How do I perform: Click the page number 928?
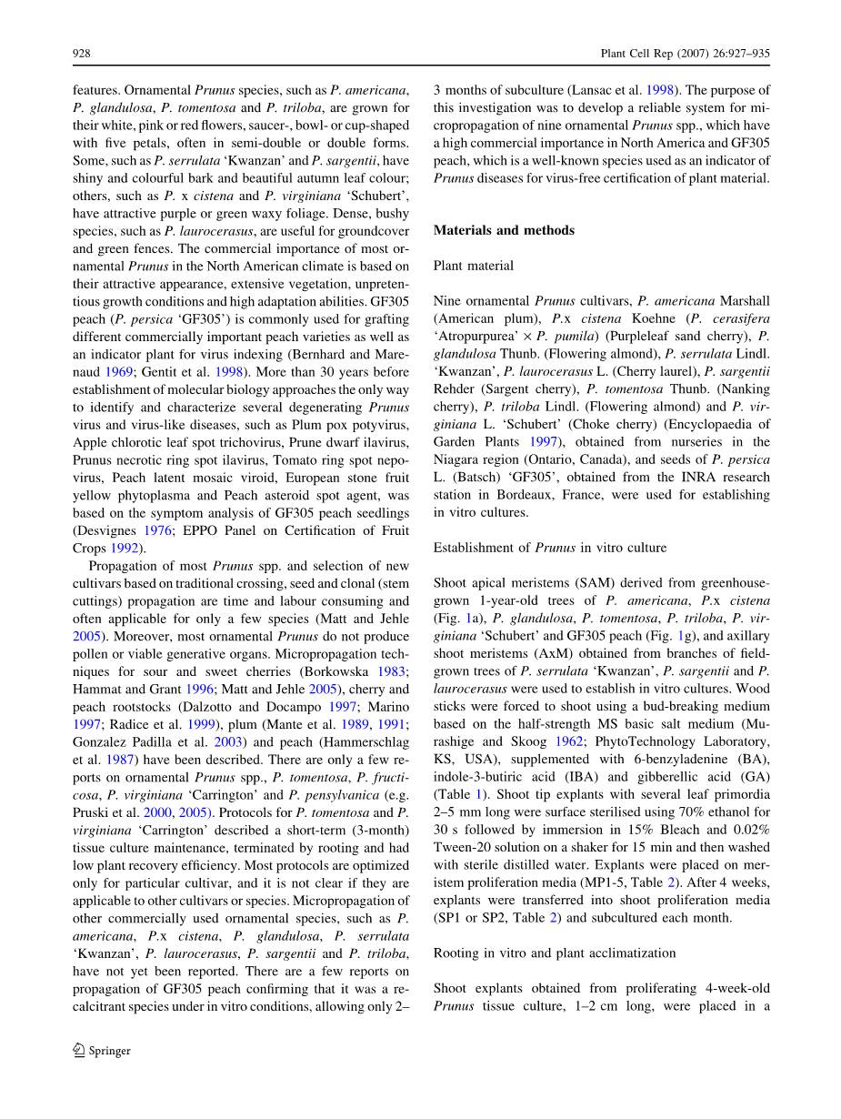81,54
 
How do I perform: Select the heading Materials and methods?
504,230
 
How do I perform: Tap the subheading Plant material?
473,266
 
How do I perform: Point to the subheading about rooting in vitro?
554,953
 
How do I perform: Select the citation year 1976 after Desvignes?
156,531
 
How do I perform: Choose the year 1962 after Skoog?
569,741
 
